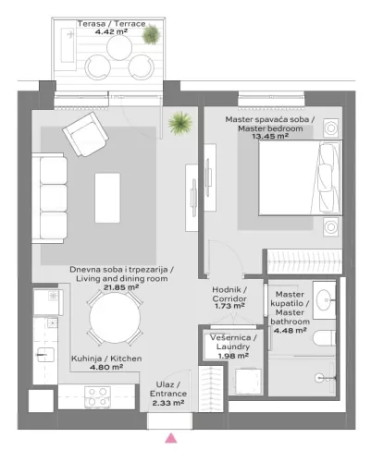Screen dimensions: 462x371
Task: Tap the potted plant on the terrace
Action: [x=150, y=35]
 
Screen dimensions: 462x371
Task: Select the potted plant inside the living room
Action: [x=179, y=121]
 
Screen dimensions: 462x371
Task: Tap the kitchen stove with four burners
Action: [x=98, y=395]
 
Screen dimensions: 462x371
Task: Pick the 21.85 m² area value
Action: [x=121, y=287]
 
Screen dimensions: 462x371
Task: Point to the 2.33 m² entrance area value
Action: [x=167, y=403]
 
